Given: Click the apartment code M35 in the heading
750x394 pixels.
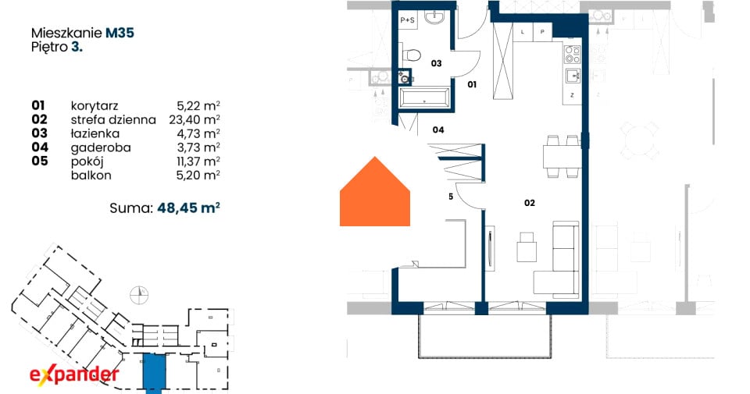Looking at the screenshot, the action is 120,33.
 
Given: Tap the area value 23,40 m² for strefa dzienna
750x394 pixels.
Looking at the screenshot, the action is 195,119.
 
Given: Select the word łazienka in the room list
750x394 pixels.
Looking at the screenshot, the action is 95,133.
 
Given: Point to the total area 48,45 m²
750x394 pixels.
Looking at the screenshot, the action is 188,208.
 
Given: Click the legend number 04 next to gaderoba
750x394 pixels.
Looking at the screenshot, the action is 40,147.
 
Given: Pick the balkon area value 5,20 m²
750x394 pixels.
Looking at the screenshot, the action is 198,176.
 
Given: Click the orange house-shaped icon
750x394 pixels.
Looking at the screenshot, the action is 375,191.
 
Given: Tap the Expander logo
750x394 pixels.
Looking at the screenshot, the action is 74,374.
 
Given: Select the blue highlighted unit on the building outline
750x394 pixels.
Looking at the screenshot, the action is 154,373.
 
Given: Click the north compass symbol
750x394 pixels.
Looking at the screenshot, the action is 139,295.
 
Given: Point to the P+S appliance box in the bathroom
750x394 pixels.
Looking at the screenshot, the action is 408,20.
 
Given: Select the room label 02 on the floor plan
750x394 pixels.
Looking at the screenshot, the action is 530,203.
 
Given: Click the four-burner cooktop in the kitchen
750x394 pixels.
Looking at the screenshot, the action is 573,55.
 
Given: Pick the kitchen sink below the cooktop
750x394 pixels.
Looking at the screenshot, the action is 573,76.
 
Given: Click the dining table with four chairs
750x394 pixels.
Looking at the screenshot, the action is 562,156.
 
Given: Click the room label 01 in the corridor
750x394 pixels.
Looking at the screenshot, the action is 472,84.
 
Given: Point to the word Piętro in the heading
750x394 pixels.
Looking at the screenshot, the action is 49,48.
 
